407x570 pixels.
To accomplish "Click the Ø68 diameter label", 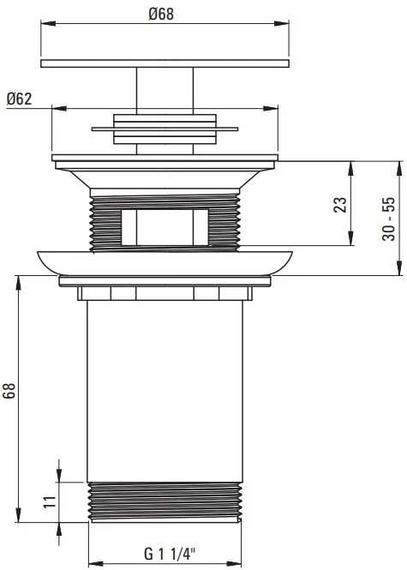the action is tap(161, 14).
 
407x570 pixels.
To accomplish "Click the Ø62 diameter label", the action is tap(19, 99).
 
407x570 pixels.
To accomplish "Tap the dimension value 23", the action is tap(340, 204).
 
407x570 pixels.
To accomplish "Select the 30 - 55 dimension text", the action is tap(388, 219).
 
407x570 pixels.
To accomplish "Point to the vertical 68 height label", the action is tap(9, 391).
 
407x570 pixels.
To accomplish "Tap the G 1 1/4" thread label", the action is tap(170, 554).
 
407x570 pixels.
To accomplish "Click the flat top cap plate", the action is tap(165, 63).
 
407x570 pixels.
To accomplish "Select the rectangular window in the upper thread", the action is tap(165, 227).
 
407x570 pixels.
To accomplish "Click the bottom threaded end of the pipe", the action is tap(165, 502).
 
